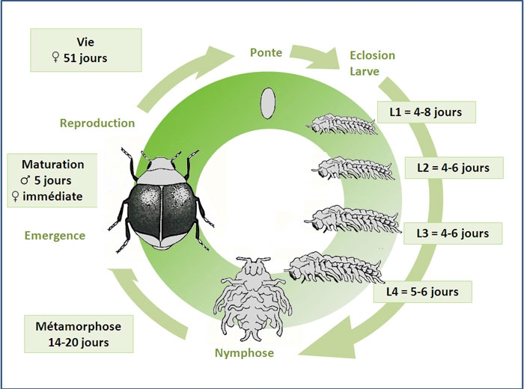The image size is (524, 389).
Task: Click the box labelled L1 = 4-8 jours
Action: [424, 113]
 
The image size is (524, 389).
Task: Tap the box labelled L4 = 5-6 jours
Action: [424, 290]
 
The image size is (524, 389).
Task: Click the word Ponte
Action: [266, 52]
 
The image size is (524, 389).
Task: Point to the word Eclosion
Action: [372, 55]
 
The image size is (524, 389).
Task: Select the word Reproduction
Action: [97, 123]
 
